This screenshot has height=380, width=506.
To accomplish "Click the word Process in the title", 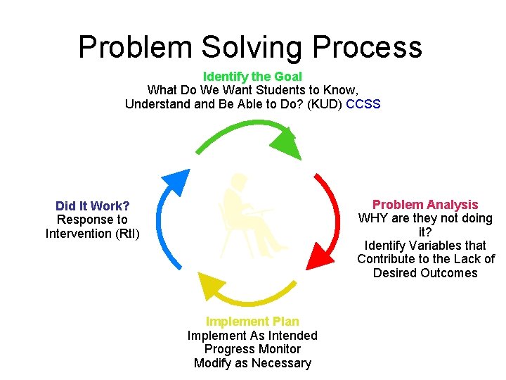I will pos(367,47).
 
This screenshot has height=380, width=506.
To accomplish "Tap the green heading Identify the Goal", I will pos(252,76).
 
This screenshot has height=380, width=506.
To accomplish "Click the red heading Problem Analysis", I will pos(425,205).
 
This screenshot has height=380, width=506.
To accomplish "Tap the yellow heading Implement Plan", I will pos(252,322).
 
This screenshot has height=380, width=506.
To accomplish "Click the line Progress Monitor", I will pos(252,349).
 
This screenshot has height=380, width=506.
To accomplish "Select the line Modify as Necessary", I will pos(252,363).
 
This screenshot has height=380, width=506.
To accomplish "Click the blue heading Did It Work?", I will pos(93,205).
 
